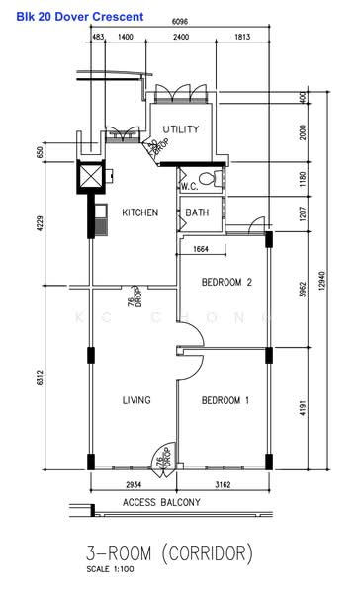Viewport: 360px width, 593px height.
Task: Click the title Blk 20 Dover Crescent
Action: pyautogui.click(x=72, y=17)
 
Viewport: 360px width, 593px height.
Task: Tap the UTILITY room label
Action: pyautogui.click(x=182, y=129)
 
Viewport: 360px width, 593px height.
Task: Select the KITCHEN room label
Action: pyautogui.click(x=139, y=212)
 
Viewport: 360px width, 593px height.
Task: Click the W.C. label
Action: pyautogui.click(x=190, y=186)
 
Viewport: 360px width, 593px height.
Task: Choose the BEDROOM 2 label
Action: pyautogui.click(x=226, y=282)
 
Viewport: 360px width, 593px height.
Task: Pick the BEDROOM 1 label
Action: pyautogui.click(x=226, y=400)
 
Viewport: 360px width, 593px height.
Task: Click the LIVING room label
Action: pyautogui.click(x=136, y=400)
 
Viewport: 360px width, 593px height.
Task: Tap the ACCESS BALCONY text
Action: pyautogui.click(x=162, y=503)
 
